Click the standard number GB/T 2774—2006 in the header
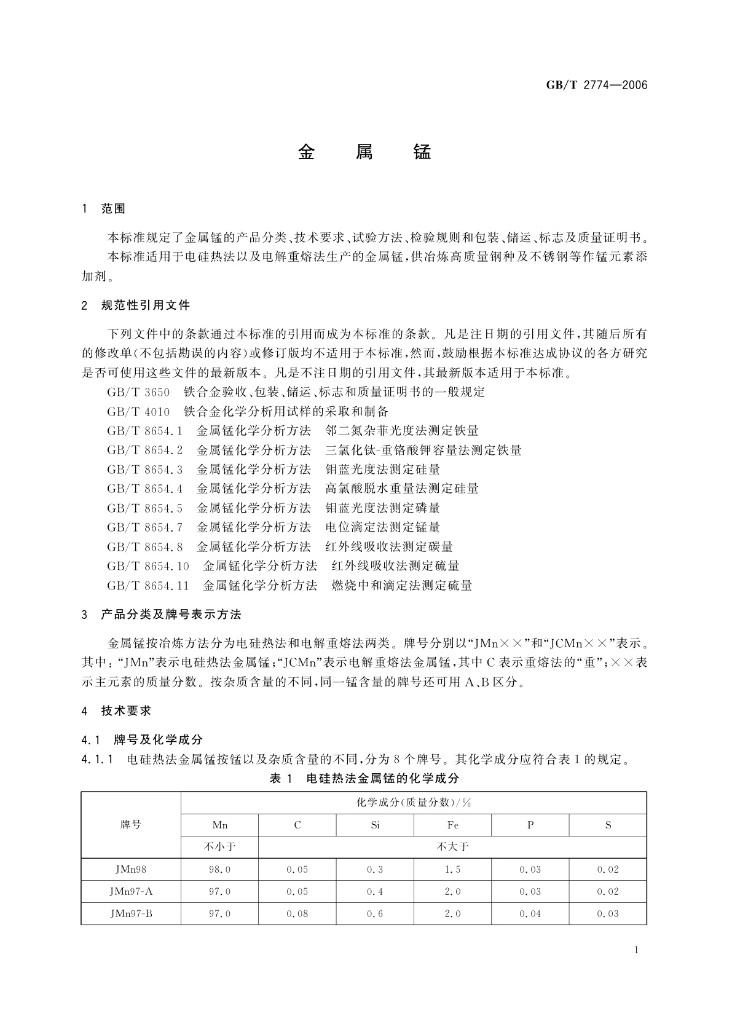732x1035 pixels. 597,85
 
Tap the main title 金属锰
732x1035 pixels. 365,152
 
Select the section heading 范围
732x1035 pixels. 113,209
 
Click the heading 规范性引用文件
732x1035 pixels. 146,305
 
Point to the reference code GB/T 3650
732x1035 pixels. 138,392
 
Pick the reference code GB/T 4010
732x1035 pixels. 138,411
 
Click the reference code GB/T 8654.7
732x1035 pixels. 145,527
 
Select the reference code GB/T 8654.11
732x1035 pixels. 148,585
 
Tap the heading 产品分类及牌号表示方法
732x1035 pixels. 171,614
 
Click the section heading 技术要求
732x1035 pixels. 126,711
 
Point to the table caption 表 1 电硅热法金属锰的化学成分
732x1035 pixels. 364,778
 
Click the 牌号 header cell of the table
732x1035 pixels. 131,825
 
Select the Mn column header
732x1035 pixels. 219,825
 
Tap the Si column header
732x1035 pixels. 375,825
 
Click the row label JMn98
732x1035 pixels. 131,869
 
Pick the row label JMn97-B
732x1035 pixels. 131,913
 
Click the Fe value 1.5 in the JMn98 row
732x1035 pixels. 452,869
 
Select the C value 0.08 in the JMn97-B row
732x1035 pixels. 297,913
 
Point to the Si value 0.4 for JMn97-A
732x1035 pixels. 375,891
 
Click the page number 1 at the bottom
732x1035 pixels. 636,950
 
